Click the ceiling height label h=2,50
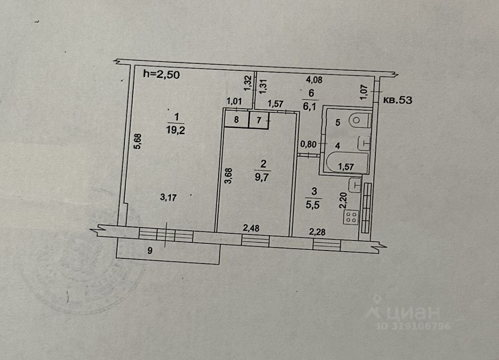pyautogui.click(x=161, y=74)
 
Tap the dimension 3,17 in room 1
pyautogui.click(x=168, y=198)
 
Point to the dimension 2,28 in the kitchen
pyautogui.click(x=317, y=233)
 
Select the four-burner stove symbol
pyautogui.click(x=350, y=217)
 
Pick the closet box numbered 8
pyautogui.click(x=236, y=120)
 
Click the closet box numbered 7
pyautogui.click(x=259, y=120)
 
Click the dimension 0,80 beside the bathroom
pyautogui.click(x=307, y=144)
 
